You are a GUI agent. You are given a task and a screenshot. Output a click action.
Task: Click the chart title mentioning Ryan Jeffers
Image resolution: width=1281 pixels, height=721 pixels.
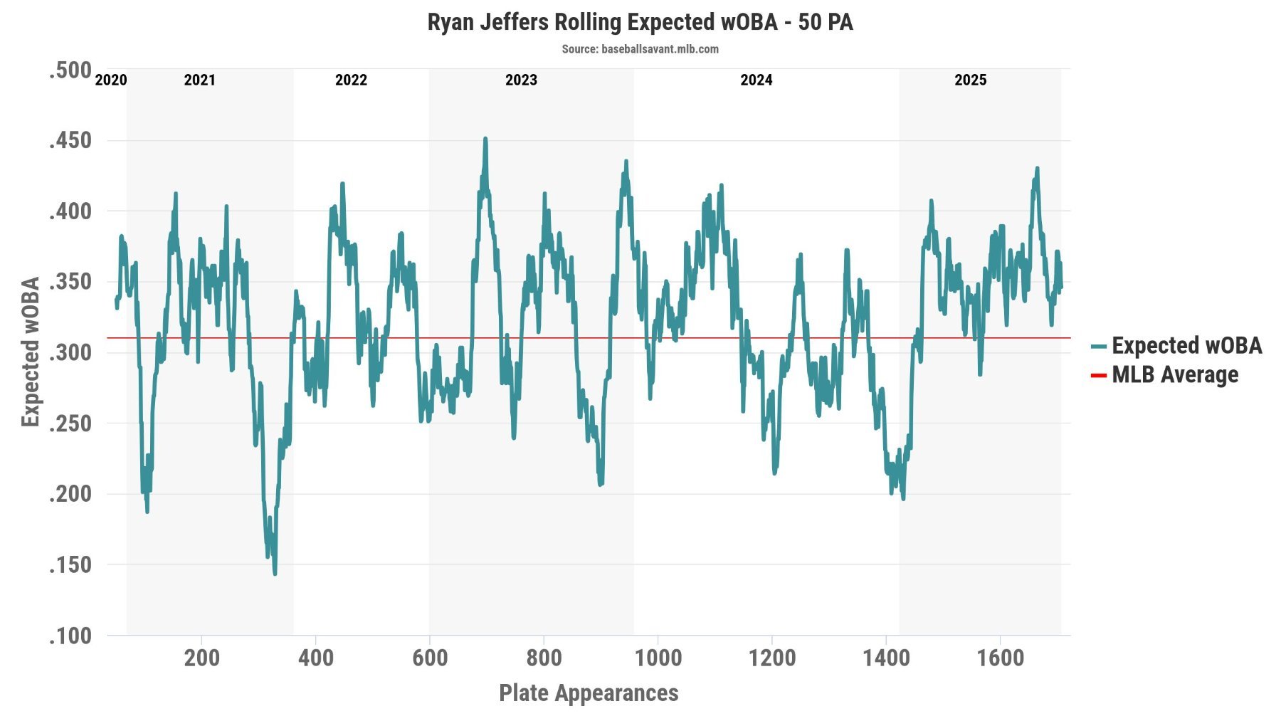click(640, 22)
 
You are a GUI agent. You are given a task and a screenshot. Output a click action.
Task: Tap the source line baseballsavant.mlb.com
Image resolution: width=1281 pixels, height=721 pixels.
click(640, 49)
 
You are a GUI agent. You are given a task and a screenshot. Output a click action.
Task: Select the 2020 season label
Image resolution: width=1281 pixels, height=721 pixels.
click(111, 80)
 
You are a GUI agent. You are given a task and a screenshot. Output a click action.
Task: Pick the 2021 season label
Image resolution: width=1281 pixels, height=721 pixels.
click(199, 80)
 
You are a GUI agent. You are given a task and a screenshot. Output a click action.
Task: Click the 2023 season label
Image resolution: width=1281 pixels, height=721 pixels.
click(521, 80)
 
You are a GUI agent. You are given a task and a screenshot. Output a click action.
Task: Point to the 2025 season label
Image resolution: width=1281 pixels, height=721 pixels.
click(970, 80)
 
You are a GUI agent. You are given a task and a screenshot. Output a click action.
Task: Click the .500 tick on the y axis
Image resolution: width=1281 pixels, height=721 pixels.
click(70, 70)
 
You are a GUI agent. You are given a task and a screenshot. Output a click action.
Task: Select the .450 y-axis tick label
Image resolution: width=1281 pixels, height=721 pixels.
click(70, 140)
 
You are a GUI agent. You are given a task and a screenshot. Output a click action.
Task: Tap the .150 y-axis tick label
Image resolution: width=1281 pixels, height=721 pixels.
click(70, 564)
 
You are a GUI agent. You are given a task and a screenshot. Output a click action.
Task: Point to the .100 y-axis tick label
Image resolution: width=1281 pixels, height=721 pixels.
click(70, 635)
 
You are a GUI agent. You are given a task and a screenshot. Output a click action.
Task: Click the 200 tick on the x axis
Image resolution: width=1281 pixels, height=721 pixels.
click(202, 658)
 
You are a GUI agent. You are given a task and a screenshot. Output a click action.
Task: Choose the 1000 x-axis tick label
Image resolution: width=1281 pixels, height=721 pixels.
click(658, 658)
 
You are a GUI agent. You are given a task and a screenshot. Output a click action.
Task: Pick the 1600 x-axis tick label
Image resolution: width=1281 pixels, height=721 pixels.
click(1000, 658)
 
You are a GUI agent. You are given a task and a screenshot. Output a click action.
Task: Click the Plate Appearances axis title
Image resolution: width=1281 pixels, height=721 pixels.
click(589, 693)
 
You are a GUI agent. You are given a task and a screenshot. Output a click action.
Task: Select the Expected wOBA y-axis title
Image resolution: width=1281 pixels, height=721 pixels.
click(30, 352)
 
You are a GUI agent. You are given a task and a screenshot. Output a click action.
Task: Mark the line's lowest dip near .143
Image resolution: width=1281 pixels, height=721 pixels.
click(275, 573)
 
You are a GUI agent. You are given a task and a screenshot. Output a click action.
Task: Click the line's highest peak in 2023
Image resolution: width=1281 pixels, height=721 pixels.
click(485, 139)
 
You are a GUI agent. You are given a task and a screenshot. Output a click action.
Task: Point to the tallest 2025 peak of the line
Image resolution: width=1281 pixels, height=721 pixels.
click(1037, 169)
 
